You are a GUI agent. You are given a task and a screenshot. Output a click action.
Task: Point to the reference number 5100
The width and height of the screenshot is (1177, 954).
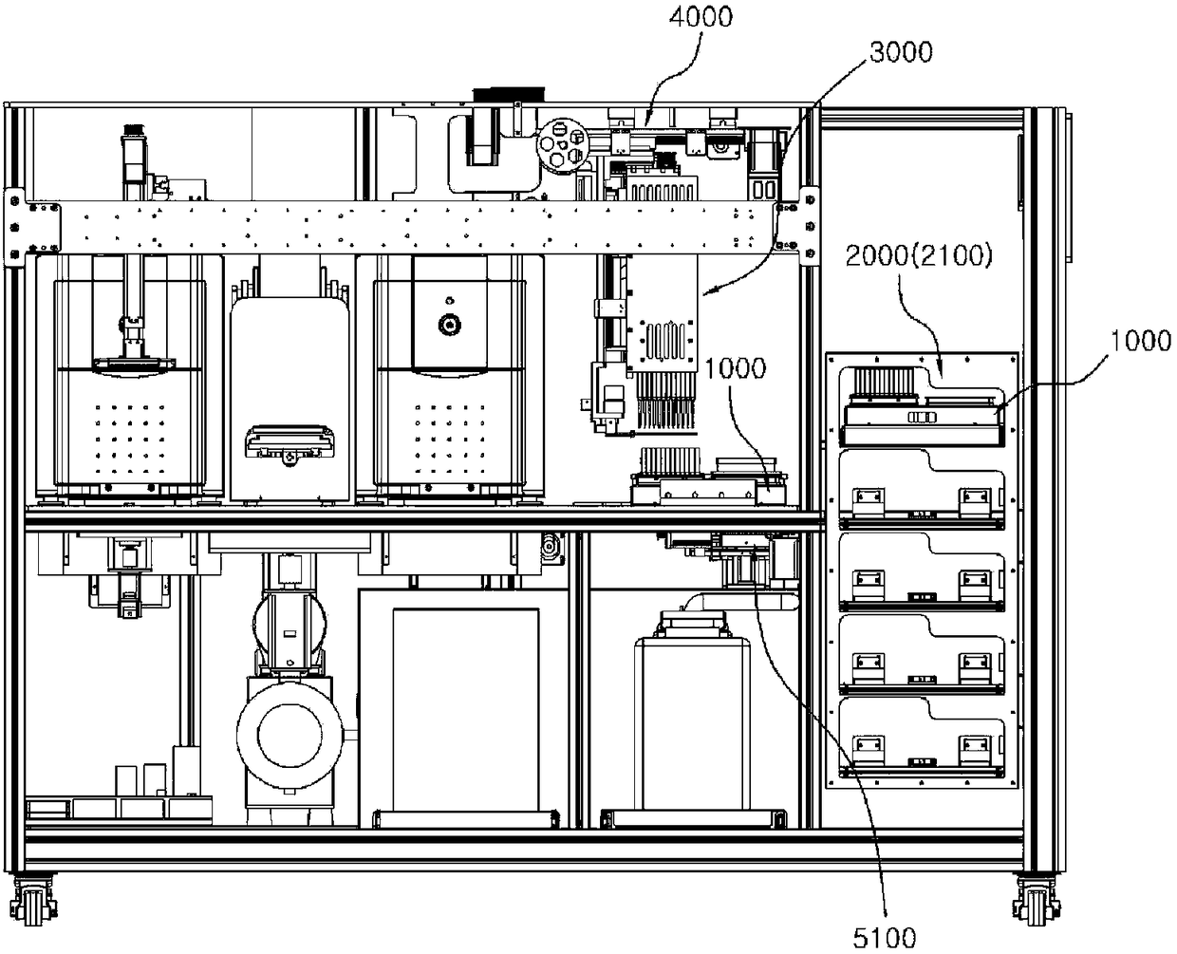point(886,936)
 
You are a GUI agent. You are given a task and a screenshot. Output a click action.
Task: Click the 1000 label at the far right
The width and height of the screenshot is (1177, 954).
point(1140,341)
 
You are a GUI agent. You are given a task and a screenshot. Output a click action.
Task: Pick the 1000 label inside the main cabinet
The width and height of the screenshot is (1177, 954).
point(737,368)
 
